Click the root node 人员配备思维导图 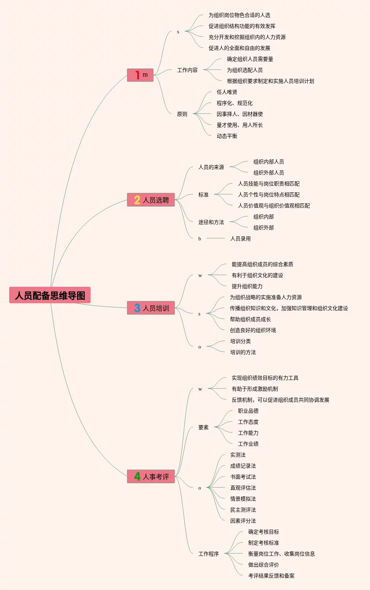[x=50, y=295]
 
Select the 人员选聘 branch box [x=151, y=200]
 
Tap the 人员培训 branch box [x=151, y=308]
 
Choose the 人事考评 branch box [x=151, y=477]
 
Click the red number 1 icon [x=137, y=75]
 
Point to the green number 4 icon [x=137, y=476]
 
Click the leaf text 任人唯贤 [x=227, y=92]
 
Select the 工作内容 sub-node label [x=187, y=70]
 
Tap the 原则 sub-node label [x=182, y=114]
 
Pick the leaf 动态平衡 [x=227, y=136]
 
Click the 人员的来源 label [x=211, y=167]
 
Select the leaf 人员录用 [x=240, y=239]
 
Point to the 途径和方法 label [x=211, y=222]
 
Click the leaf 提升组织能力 [x=247, y=286]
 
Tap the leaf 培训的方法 [x=243, y=352]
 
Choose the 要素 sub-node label [x=203, y=427]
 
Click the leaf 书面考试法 [x=243, y=477]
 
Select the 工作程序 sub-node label [x=208, y=554]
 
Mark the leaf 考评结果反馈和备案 [x=271, y=576]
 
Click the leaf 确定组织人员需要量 [x=250, y=59]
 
